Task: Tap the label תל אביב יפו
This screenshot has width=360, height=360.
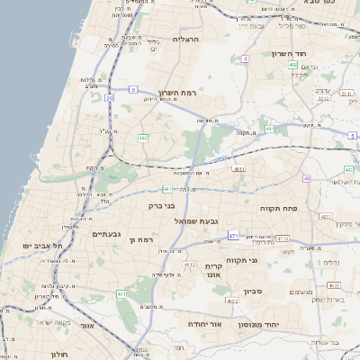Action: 42,245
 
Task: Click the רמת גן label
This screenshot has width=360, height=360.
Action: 144,240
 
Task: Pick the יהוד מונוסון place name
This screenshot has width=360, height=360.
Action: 265,322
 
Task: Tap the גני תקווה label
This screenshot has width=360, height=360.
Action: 267,260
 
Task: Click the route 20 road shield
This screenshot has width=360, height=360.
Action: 109,97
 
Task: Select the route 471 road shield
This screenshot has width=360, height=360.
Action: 233,236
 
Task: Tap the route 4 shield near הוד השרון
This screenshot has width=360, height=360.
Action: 245,58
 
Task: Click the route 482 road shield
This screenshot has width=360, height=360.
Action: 142,138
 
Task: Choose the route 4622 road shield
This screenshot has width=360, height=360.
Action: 232,301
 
